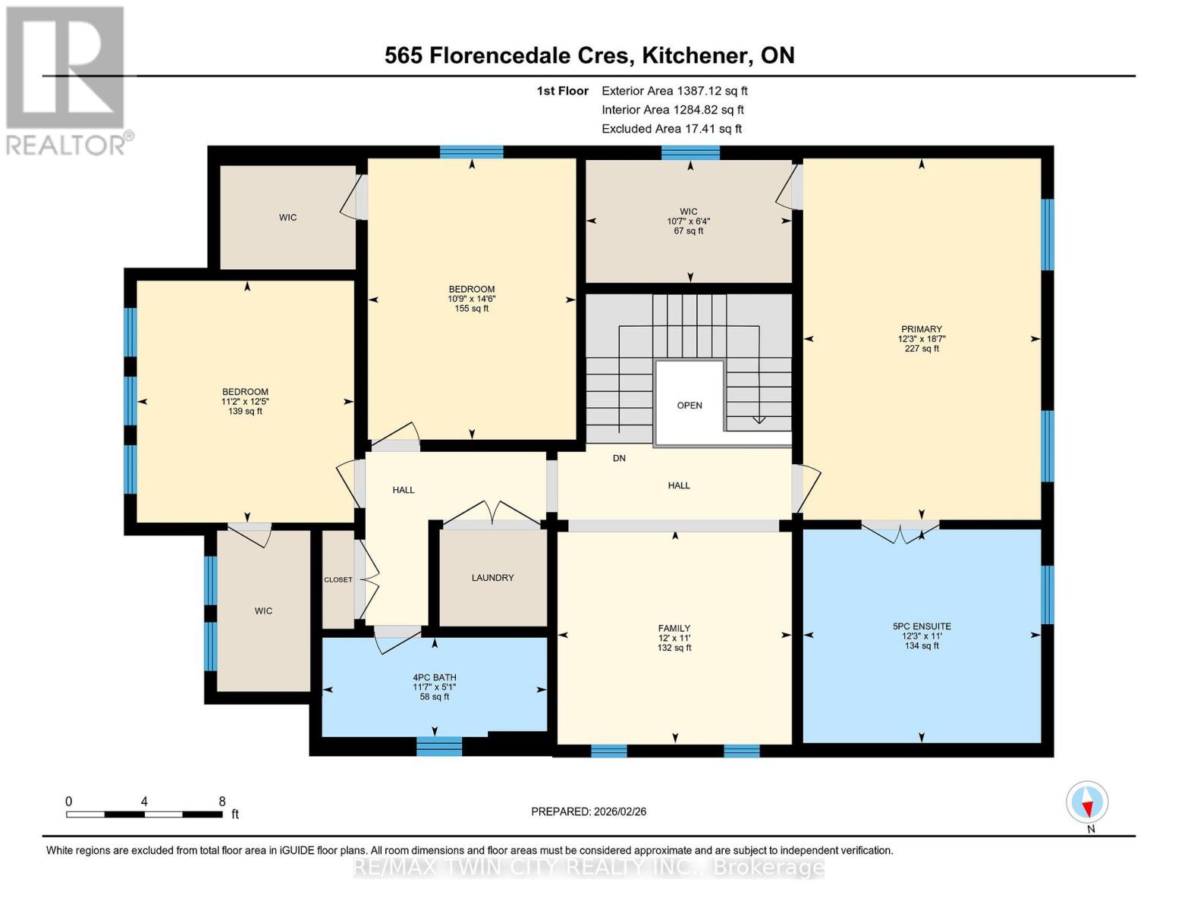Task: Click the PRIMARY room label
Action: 922,329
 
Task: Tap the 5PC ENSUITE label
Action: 922,626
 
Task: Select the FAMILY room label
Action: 674,628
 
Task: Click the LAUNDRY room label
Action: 492,578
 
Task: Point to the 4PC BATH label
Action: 434,678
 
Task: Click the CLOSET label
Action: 338,580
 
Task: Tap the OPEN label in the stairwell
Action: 689,406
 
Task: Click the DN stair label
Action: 619,459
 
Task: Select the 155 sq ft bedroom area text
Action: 472,309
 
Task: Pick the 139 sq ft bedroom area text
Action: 245,412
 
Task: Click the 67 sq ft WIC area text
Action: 688,231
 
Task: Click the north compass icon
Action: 1087,802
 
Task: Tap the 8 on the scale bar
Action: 221,802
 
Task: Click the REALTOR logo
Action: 67,80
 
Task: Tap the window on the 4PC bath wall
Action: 439,746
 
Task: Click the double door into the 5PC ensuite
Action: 900,529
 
